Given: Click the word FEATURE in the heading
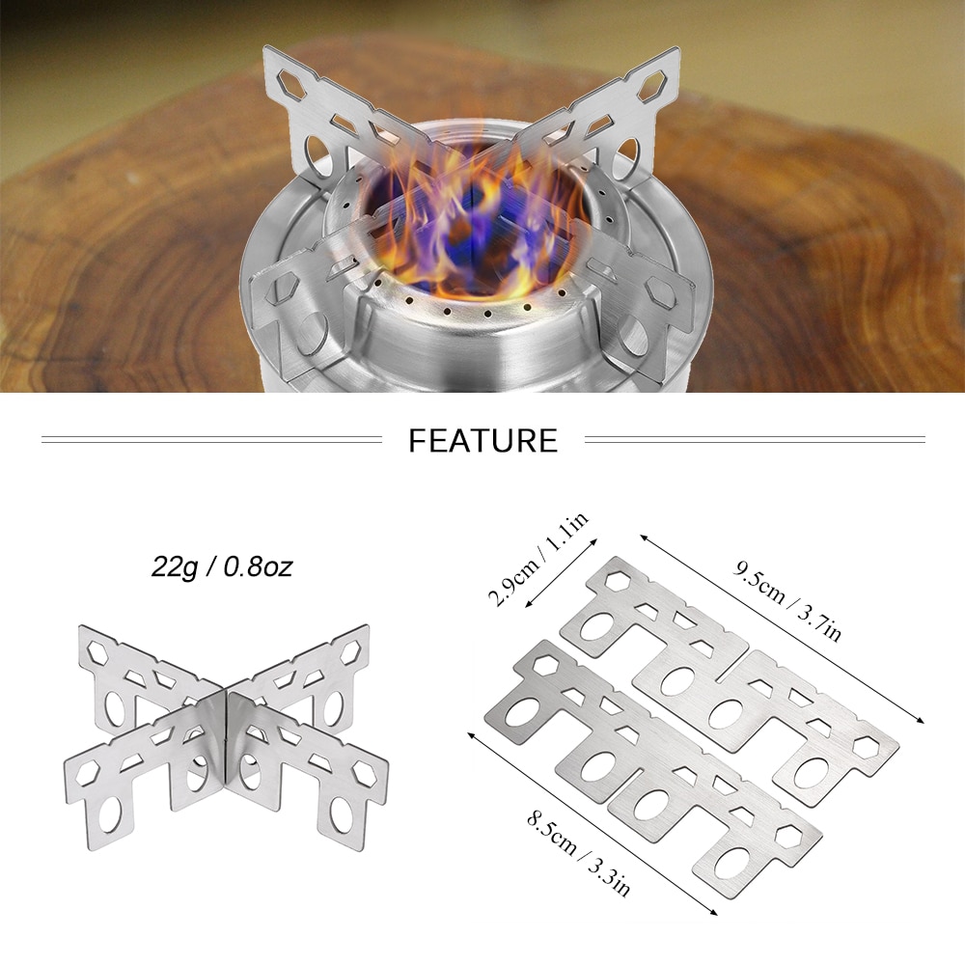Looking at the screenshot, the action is (x=483, y=441).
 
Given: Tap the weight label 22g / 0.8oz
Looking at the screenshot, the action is (x=222, y=566).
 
